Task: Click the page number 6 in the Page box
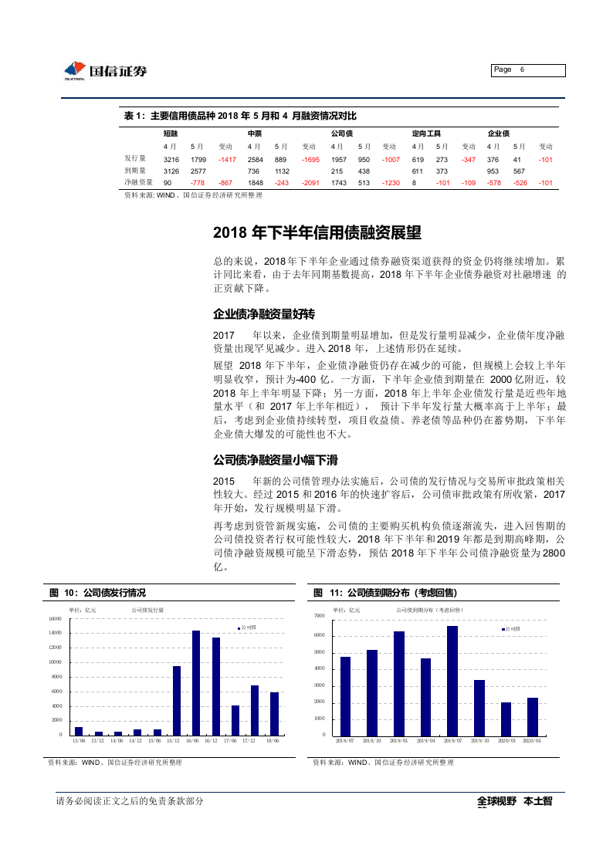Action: coord(523,69)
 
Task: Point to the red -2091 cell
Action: coord(310,182)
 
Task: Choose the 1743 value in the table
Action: coord(338,182)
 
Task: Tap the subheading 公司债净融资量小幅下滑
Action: coord(276,460)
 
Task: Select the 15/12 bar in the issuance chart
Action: coord(177,700)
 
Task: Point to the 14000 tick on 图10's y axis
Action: coord(56,633)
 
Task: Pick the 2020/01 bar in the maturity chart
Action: coord(506,718)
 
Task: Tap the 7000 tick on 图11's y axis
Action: coord(320,616)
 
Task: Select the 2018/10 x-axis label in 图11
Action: coord(372,741)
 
